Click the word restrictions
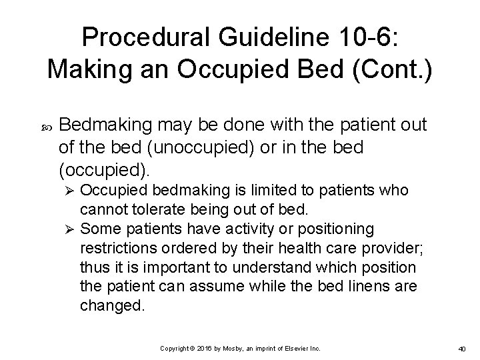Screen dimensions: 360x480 120,248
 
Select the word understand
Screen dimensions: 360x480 264,267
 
